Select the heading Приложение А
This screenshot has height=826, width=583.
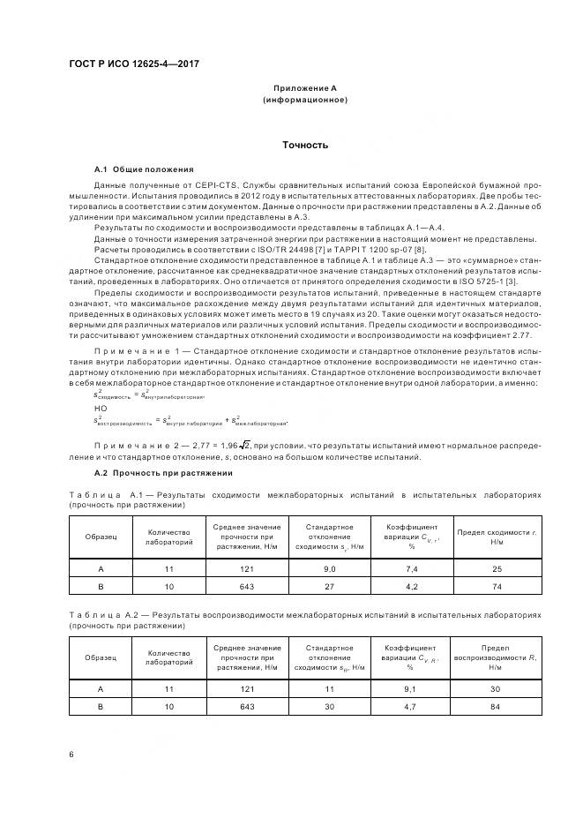[x=305, y=88]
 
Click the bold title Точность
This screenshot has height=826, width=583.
[x=305, y=145]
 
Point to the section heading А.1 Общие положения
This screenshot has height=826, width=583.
[x=145, y=169]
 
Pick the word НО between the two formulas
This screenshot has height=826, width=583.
[x=100, y=409]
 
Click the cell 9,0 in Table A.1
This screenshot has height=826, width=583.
[x=330, y=569]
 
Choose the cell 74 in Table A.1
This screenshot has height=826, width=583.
[x=497, y=586]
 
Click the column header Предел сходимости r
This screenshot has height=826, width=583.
[x=497, y=537]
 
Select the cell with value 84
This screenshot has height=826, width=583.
[x=497, y=706]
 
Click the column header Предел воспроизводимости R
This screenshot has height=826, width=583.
[x=497, y=657]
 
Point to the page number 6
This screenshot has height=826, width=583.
[x=71, y=754]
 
